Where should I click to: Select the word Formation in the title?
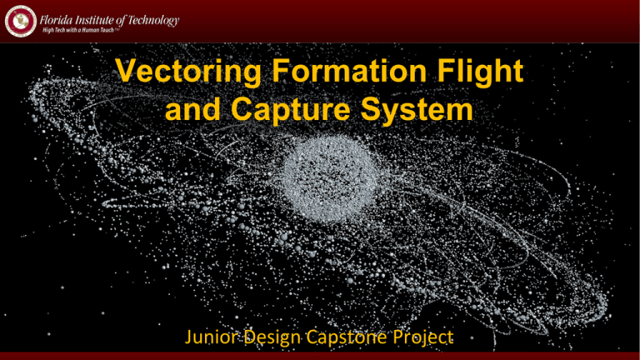[349, 71]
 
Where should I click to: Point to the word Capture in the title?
[290, 109]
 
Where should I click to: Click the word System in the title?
[417, 109]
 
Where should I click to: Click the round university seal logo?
[20, 21]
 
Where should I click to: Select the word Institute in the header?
[95, 20]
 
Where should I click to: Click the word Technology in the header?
[153, 20]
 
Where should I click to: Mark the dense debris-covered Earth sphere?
[330, 179]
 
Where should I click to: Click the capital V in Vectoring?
[126, 71]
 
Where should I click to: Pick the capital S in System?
[372, 109]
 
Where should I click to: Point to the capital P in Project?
[397, 337]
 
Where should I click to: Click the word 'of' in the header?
[121, 20]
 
